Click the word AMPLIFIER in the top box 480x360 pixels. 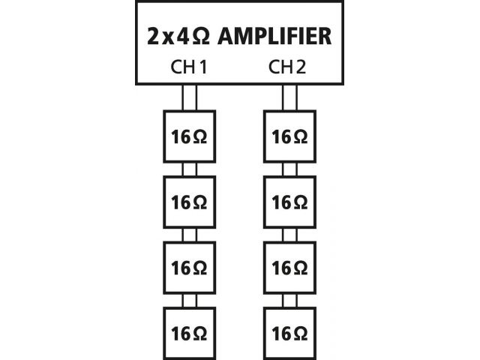[274, 36]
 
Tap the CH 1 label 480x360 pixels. [188, 67]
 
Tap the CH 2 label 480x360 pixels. [287, 67]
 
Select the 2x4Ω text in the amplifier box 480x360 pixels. [178, 36]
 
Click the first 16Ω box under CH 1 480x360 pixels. [190, 136]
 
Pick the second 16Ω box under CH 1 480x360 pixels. [190, 202]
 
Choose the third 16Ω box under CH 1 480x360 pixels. [190, 268]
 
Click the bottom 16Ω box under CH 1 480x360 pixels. [190, 333]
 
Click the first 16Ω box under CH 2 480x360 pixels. [289, 136]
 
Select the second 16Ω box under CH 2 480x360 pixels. [289, 202]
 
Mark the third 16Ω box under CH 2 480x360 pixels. [289, 268]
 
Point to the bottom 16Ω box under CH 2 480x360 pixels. [289, 333]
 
